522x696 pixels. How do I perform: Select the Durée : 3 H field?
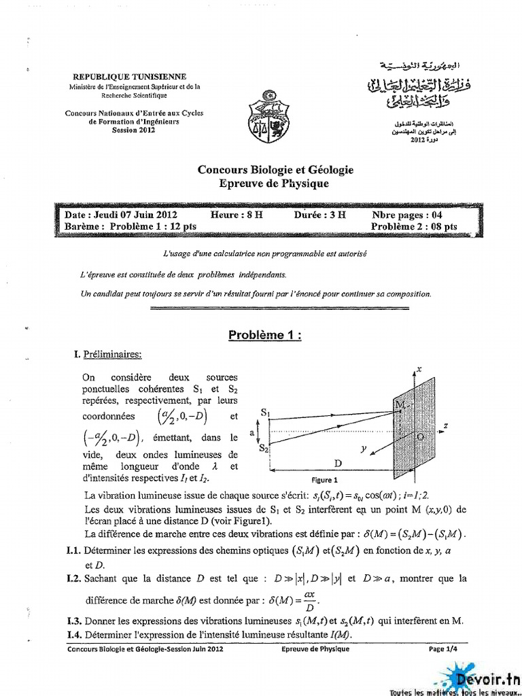[x=319, y=214]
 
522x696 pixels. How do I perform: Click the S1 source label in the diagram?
[x=266, y=413]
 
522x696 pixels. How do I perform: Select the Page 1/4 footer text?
[x=445, y=649]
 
